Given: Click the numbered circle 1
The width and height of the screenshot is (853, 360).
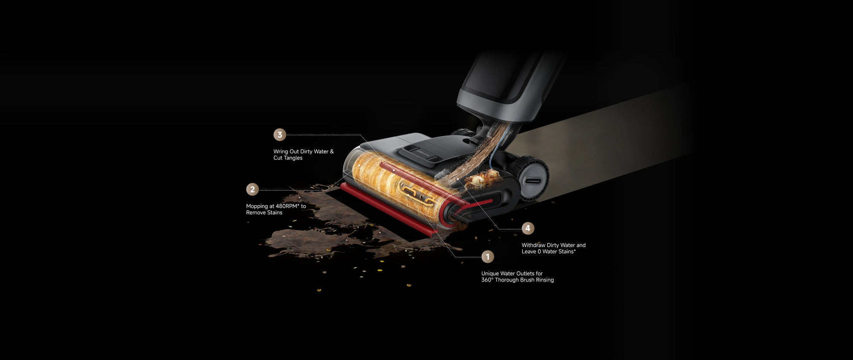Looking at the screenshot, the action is point(487,257).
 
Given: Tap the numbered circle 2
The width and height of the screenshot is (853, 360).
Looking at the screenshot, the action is point(252,189).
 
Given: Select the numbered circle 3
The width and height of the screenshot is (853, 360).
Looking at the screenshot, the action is point(280,135).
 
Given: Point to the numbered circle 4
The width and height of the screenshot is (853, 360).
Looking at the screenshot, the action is point(528,228).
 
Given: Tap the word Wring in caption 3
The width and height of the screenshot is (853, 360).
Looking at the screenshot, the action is point(281,152).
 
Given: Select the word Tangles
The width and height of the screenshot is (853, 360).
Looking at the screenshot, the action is point(293,158).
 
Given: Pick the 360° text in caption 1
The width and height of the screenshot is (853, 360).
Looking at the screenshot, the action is point(487,280).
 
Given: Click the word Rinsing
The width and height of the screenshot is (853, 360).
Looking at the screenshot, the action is point(545,280).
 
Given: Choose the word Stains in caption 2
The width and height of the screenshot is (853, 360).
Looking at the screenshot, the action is point(275,213).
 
